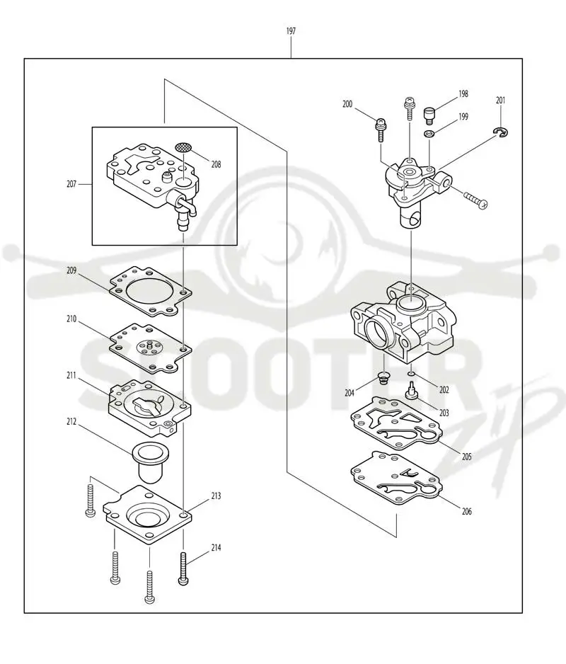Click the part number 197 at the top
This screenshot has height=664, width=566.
tap(291, 31)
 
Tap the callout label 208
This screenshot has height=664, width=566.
tap(216, 164)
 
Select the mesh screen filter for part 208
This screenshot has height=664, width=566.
tap(183, 147)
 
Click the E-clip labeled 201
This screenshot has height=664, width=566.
tap(501, 132)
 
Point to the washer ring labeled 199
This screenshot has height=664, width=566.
tap(429, 134)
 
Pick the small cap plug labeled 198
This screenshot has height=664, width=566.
tap(429, 116)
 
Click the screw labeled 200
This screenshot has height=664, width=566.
tap(381, 130)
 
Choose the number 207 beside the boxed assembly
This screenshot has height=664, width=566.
tap(71, 184)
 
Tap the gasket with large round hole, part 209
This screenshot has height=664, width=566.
tap(151, 292)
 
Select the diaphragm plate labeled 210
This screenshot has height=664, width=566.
tap(151, 348)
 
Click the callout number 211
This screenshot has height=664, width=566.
tap(71, 375)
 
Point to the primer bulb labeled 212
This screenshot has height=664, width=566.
tap(148, 462)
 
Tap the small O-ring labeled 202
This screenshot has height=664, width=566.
tap(411, 374)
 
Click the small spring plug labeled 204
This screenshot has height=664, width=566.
tap(383, 378)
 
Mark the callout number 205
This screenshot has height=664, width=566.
tap(466, 457)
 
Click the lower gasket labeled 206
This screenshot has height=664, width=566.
tap(396, 479)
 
